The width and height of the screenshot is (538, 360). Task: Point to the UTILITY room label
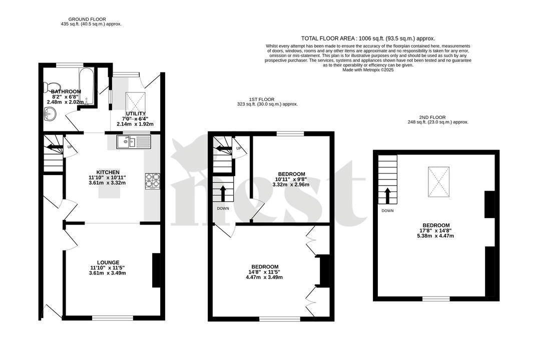pyautogui.click(x=135, y=113)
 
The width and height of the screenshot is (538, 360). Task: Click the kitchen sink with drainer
pyautogui.click(x=134, y=142)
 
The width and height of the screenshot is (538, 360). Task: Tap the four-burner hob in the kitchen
pyautogui.click(x=152, y=180)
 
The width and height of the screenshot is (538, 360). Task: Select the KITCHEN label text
pyautogui.click(x=107, y=171)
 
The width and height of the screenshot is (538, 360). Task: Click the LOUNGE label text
pyautogui.click(x=108, y=262)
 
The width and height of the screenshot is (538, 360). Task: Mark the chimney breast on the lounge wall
pyautogui.click(x=156, y=270)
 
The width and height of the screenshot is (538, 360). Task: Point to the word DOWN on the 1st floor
pyautogui.click(x=223, y=208)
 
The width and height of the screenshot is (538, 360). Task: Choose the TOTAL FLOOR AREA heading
pyautogui.click(x=368, y=38)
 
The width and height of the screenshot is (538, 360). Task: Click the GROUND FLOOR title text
pyautogui.click(x=87, y=19)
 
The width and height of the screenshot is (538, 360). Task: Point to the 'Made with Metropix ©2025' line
pyautogui.click(x=368, y=70)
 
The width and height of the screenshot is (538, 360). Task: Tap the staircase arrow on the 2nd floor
pyautogui.click(x=387, y=195)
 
